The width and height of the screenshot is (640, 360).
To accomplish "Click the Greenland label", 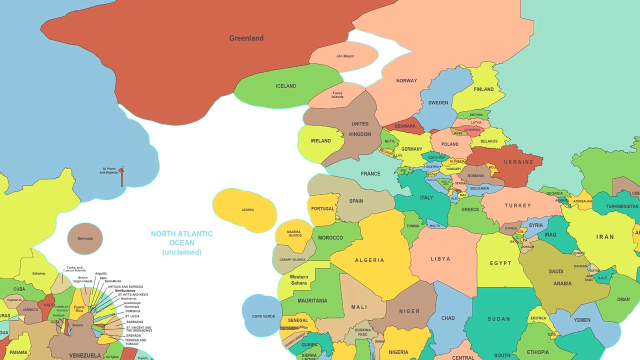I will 246,38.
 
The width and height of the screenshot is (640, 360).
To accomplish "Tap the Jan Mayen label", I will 345,56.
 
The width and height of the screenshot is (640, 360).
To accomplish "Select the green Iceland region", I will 285,86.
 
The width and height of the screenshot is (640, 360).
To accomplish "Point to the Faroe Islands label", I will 337,94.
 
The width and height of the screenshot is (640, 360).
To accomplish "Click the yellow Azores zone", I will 247,209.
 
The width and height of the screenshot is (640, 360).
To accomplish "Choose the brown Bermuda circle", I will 85,238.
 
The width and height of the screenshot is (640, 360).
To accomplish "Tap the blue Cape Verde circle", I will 263,316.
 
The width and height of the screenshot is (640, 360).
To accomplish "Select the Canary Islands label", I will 292,259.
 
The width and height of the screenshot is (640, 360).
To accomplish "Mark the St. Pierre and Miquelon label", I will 108,170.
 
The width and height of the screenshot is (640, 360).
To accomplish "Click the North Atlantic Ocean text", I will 181,238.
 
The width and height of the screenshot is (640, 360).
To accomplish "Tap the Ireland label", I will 320,141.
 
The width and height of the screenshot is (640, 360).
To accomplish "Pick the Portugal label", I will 322,209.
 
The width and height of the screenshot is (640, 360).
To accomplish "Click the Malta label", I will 434,225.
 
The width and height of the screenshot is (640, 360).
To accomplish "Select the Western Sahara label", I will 298,280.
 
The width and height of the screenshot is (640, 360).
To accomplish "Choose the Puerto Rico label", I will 79,308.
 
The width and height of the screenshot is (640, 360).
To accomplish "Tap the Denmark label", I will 405,126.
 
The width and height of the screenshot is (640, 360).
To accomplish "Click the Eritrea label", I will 538,318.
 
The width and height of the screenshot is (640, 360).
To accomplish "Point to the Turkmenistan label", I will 622,206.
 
